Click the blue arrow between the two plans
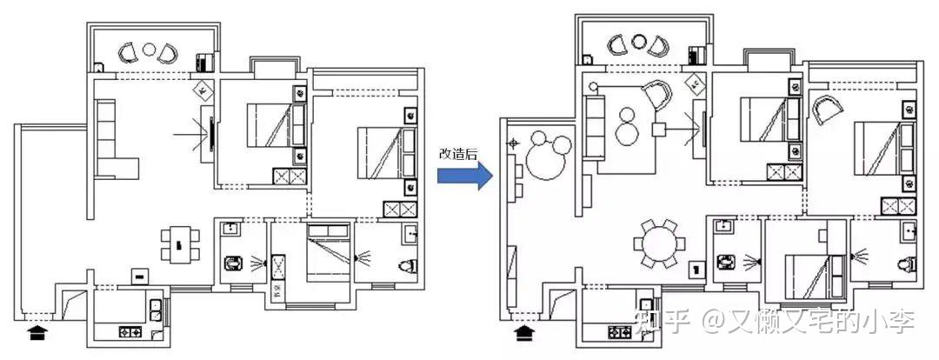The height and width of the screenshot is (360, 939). tap(464, 177)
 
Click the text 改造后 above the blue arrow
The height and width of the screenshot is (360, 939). tap(458, 153)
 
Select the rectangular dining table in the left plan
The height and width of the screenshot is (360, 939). tap(180, 244)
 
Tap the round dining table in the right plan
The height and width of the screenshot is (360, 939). tap(659, 244)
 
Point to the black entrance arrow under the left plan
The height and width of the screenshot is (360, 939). tap(37, 331)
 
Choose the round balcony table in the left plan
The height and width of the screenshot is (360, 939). tap(150, 50)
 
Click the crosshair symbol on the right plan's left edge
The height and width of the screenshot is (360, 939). tap(513, 143)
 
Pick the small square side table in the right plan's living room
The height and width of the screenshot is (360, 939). tap(659, 129)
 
